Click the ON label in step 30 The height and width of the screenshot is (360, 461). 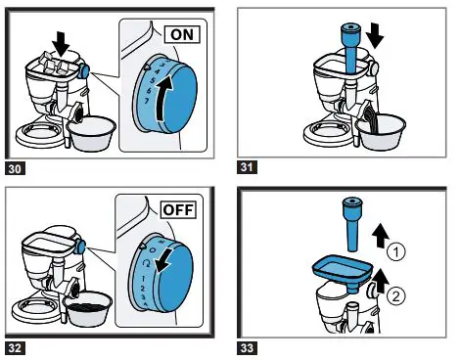click(x=182, y=34)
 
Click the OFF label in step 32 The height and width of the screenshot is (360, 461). click(x=178, y=209)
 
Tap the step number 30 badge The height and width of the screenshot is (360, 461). click(x=15, y=169)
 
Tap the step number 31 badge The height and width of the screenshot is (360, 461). click(x=247, y=167)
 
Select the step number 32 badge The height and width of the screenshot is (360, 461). click(x=15, y=348)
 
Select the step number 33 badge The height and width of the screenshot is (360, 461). click(x=247, y=348)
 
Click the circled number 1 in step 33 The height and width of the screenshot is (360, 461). click(x=396, y=252)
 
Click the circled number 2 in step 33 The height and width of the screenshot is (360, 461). click(x=396, y=296)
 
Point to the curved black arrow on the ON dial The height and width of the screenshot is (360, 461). click(x=161, y=100)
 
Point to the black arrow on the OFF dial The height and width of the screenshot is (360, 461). click(x=165, y=260)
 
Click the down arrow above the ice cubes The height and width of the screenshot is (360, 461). click(x=61, y=43)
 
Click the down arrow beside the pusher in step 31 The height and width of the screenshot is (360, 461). click(x=375, y=37)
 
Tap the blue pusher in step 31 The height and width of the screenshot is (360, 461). click(x=350, y=50)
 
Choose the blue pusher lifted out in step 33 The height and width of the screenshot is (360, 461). click(x=351, y=224)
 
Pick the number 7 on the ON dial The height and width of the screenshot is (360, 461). click(x=147, y=101)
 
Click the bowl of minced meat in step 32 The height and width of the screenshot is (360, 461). click(x=87, y=309)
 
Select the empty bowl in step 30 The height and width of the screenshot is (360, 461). click(x=91, y=134)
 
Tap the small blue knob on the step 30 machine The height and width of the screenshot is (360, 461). click(x=84, y=71)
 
